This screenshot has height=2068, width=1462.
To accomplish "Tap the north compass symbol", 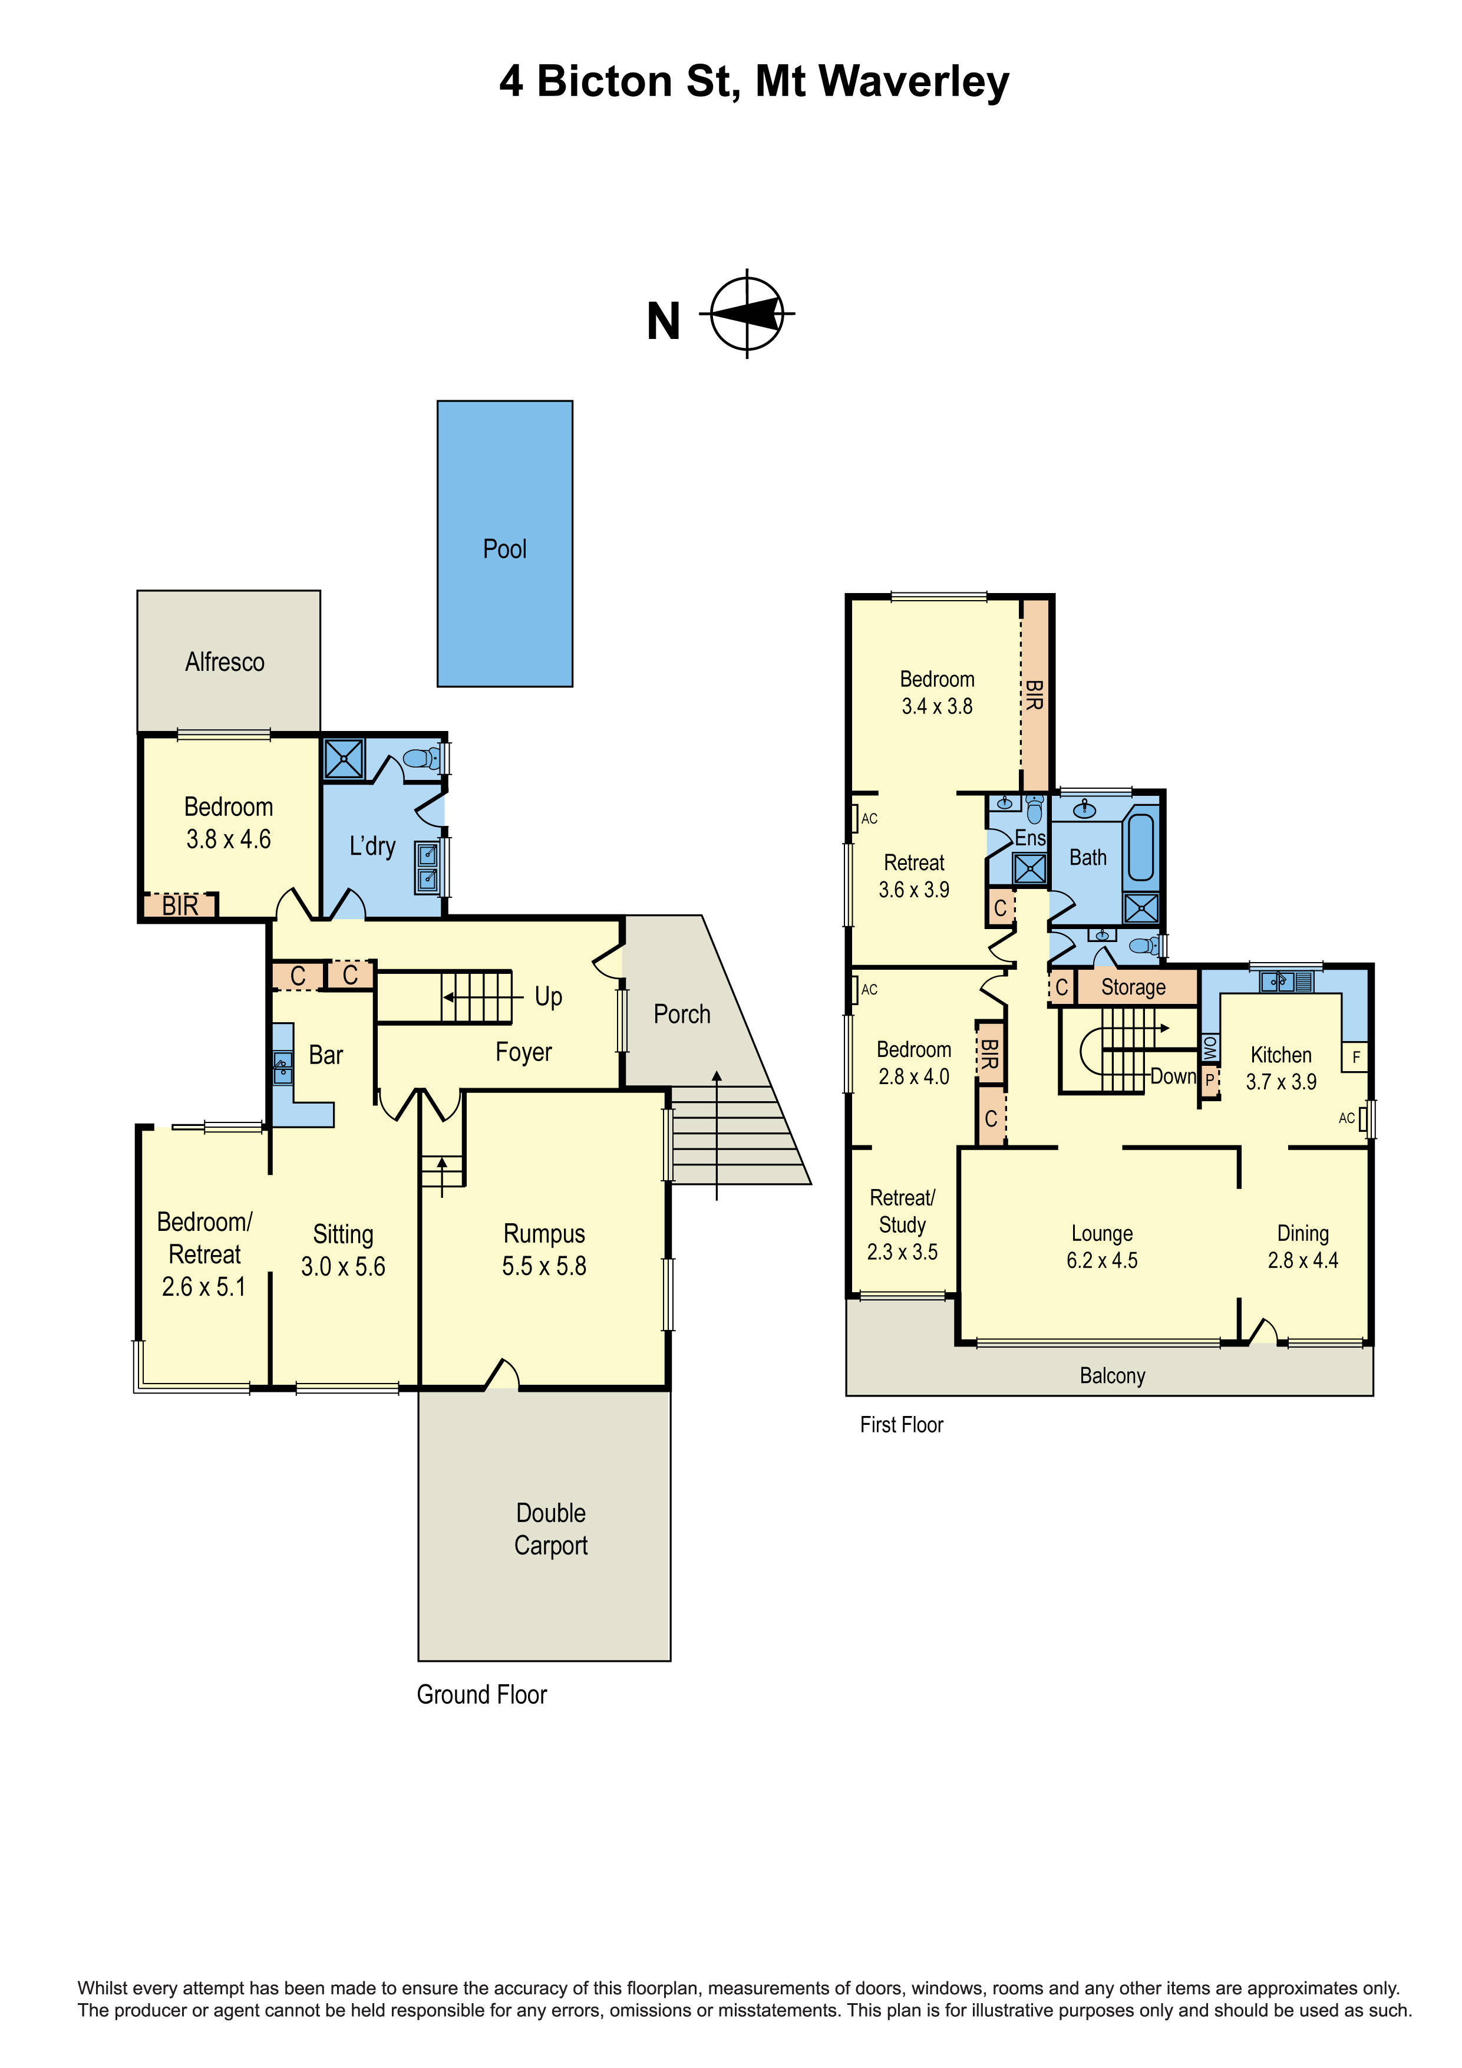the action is (746, 314).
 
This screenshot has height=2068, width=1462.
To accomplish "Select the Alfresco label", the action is (225, 662).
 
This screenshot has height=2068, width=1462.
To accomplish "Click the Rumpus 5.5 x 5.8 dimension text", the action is (544, 1266).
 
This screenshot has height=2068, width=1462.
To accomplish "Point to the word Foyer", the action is (524, 1052).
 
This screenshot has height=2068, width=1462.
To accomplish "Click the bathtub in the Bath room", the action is (1141, 848).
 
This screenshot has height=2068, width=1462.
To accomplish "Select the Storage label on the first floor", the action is (1133, 987).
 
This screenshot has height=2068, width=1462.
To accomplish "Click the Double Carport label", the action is (551, 1529).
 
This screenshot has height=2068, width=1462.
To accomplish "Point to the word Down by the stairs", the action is (1173, 1076).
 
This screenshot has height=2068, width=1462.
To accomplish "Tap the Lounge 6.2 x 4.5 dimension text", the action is (1102, 1260).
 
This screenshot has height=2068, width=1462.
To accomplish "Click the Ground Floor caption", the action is (481, 1695).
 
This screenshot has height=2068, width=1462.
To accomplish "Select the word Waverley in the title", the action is (914, 82).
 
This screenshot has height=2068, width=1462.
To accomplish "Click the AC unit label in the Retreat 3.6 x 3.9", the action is (869, 819).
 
